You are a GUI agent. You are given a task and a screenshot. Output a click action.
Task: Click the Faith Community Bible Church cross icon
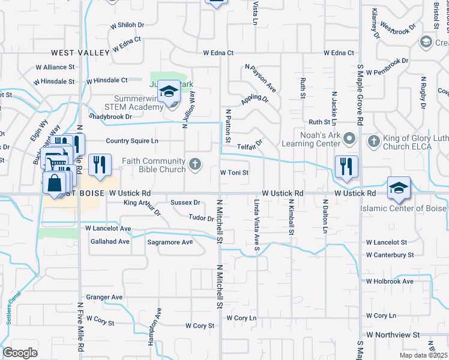click(194, 163)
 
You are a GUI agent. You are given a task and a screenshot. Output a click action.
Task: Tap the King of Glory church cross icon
click(373, 141)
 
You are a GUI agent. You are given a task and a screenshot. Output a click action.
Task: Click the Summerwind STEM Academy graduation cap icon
click(170, 91)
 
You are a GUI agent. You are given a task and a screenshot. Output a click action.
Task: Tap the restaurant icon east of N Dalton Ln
click(346, 166)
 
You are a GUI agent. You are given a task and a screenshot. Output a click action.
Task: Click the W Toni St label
click(234, 173)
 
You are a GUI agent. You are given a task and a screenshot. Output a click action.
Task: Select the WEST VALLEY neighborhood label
click(80, 53)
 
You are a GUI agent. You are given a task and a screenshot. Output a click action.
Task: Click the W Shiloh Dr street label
click(127, 25)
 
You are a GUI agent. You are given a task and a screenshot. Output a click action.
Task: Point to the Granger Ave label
click(104, 297)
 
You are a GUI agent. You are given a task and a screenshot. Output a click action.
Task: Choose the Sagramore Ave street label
click(170, 242)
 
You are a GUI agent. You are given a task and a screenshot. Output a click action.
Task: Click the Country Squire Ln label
click(131, 141)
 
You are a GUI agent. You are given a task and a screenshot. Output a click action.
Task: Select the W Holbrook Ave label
click(390, 281)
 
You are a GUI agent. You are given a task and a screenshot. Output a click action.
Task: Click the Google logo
click(20, 353)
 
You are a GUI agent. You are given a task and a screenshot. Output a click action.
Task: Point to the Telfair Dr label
click(251, 144)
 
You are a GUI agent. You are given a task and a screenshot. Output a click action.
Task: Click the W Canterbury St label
click(390, 255)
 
